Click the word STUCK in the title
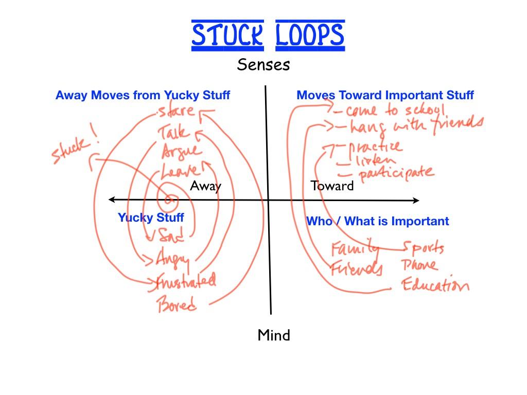tap(227, 35)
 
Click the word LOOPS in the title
tap(310, 35)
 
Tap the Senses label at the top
tap(263, 65)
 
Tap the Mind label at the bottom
tap(274, 335)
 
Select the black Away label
tap(205, 186)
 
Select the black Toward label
tap(332, 186)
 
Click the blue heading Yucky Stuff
tap(151, 218)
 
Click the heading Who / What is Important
tap(377, 221)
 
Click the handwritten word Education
tap(435, 285)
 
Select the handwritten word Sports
tap(423, 248)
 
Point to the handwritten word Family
tap(354, 249)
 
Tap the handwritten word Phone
tap(419, 266)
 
